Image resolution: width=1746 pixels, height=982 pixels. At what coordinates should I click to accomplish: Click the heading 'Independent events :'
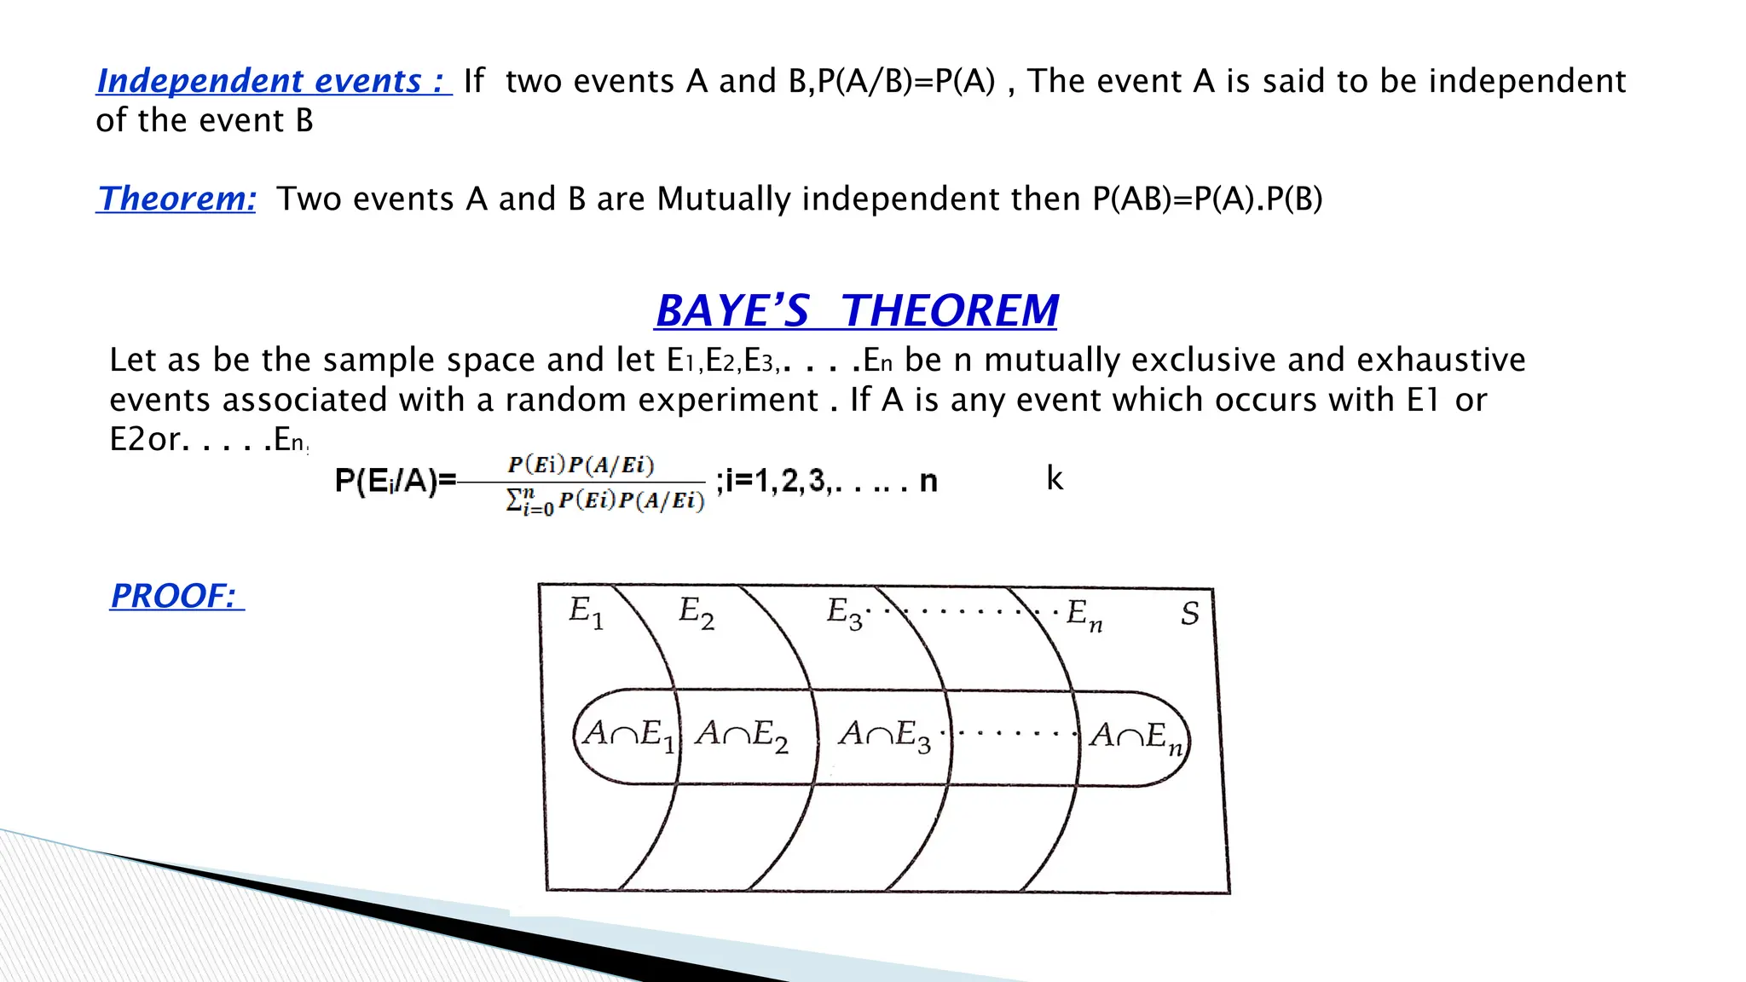pos(273,81)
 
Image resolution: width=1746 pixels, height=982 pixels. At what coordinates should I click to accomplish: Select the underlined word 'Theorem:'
pos(176,199)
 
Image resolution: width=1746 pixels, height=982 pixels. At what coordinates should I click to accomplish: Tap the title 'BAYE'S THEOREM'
pos(857,310)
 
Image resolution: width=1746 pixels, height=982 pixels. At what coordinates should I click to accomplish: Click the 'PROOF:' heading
pos(176,596)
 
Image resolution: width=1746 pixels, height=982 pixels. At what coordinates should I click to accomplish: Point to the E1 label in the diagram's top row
pos(586,613)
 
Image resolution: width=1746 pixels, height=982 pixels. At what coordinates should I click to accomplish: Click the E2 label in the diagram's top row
pos(696,613)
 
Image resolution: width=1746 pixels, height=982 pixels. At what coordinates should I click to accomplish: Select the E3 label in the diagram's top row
pos(844,613)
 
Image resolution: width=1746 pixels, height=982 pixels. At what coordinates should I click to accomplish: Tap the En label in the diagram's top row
pos(1084,615)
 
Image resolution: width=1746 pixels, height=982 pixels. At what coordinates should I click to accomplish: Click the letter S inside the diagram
pos(1190,614)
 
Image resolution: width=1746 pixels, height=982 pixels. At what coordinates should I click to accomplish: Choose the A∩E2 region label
pos(741,735)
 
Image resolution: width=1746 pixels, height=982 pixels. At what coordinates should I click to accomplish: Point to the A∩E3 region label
pos(885,735)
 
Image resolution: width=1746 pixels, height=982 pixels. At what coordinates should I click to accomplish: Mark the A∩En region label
pos(1136,736)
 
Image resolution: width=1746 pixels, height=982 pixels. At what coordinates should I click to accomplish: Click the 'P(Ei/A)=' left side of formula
pos(396,482)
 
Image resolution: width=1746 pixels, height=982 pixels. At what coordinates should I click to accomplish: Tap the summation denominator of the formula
pos(605,501)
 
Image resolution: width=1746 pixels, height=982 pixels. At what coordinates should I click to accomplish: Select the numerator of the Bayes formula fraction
pos(581,465)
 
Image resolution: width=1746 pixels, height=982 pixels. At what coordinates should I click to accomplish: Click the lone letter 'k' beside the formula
pos(1055,478)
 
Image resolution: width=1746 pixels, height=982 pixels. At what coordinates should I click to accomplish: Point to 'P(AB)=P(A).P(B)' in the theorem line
pos(1207,199)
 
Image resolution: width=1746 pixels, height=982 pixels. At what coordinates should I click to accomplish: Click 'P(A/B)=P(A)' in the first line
pos(906,82)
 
